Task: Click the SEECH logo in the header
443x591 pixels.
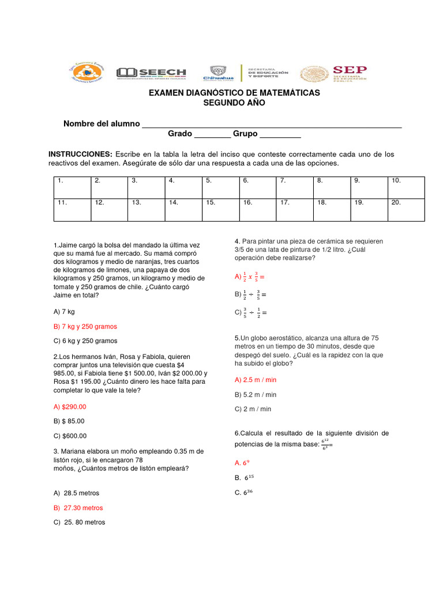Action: (151, 73)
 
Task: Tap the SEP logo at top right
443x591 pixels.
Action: (333, 73)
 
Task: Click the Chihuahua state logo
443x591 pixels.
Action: (219, 73)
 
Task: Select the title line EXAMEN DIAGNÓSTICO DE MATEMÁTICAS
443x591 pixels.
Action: (234, 93)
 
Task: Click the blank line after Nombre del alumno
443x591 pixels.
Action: (271, 125)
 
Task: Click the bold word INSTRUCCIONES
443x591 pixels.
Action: (80, 155)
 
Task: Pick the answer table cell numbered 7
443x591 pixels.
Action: (294, 187)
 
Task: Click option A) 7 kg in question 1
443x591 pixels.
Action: (64, 312)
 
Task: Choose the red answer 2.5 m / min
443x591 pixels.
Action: (256, 380)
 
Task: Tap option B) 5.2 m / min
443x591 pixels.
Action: (256, 395)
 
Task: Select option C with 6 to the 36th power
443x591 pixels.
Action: (245, 492)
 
